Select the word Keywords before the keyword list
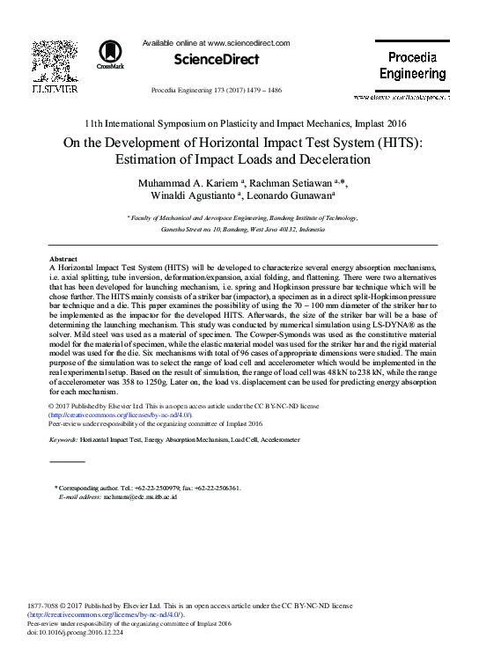click(64, 437)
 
